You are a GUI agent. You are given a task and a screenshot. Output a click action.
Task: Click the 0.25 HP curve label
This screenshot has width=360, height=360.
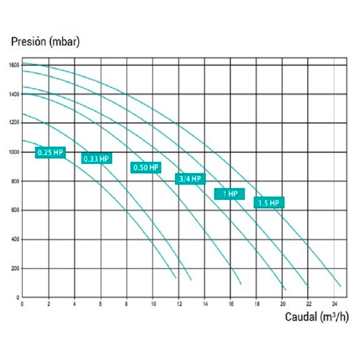click(x=50, y=153)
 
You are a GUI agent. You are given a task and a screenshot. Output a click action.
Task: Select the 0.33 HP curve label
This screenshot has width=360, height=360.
click(x=96, y=158)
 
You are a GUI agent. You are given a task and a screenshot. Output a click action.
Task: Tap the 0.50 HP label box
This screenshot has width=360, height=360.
click(x=146, y=168)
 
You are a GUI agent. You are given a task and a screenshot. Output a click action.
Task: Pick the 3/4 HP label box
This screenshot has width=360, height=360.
click(x=190, y=179)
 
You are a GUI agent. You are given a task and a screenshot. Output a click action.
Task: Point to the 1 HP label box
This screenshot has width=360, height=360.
click(x=229, y=194)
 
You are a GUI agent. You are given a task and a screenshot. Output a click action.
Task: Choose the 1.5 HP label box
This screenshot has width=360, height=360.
click(x=269, y=203)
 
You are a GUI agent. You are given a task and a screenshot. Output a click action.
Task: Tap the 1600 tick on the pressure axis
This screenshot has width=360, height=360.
click(x=13, y=65)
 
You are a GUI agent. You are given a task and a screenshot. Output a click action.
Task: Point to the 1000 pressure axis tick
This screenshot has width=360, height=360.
click(x=13, y=152)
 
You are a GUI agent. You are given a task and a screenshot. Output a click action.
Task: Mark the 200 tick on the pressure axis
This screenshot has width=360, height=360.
click(x=15, y=269)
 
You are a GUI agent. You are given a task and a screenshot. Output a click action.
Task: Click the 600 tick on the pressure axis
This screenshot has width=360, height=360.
click(x=15, y=211)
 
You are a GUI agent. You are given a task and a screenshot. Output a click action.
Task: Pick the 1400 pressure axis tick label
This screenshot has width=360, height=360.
click(x=13, y=94)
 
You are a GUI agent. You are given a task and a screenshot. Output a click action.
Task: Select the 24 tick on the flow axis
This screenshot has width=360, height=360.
click(x=334, y=303)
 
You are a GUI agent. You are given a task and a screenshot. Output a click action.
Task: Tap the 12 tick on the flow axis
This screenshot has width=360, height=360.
click(x=179, y=303)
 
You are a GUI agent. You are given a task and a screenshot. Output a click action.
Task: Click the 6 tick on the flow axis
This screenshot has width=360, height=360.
click(x=100, y=303)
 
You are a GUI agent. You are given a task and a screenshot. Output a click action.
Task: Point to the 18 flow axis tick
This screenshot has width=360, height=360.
click(x=256, y=303)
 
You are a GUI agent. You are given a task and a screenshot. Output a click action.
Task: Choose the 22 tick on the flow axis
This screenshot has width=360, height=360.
click(x=308, y=303)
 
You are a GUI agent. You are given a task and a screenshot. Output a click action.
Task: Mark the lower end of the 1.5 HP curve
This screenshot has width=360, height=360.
click(x=341, y=287)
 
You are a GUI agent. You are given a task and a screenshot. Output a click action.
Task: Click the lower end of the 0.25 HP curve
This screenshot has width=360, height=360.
click(x=176, y=278)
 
